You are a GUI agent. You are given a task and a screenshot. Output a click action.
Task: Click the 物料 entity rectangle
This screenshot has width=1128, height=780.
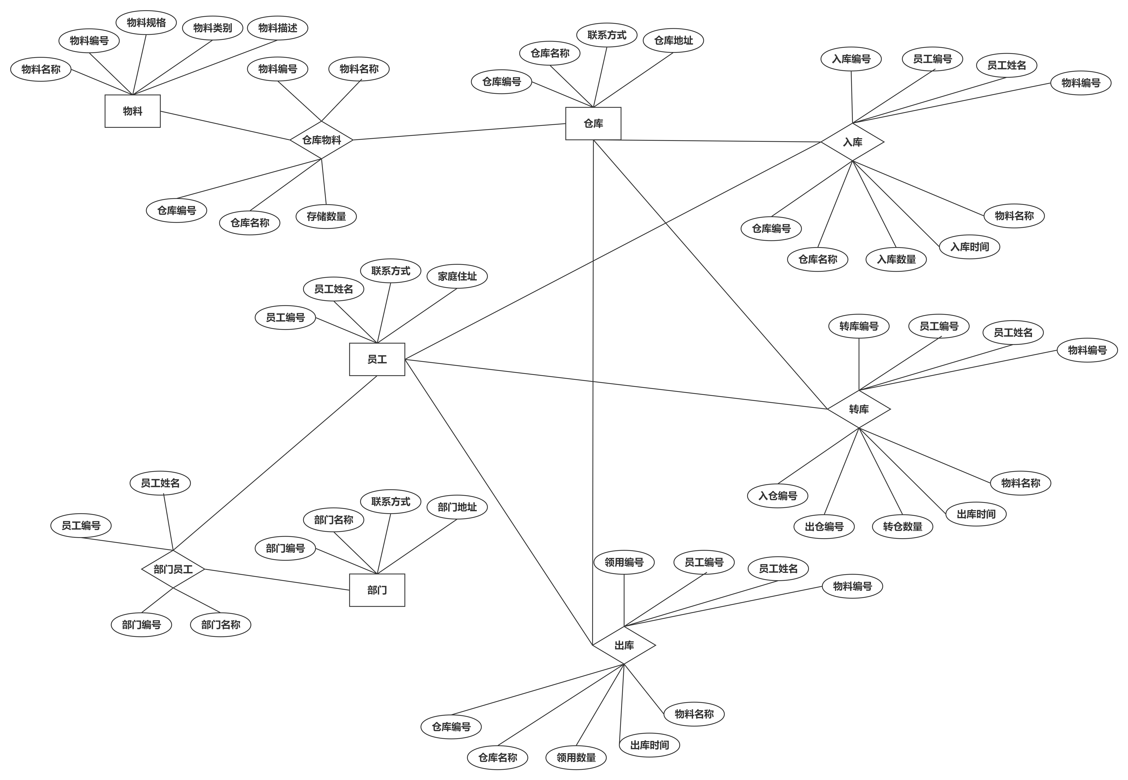[133, 111]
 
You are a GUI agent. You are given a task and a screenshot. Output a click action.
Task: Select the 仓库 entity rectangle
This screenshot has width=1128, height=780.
[593, 124]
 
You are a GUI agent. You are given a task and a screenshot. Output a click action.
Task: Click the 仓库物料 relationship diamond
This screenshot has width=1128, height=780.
[321, 140]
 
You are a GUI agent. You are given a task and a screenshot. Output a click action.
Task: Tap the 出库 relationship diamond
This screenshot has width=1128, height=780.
[624, 646]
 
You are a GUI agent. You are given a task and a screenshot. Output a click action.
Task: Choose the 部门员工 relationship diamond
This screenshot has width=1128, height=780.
[173, 569]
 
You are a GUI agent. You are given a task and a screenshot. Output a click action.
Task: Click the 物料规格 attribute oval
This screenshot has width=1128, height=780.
[146, 23]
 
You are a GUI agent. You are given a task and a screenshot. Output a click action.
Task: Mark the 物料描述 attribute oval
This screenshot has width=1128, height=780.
[278, 28]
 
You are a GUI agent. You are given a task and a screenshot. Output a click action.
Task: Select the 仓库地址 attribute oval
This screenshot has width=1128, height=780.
[674, 41]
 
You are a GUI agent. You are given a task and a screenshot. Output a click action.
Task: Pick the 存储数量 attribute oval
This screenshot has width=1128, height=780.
[326, 217]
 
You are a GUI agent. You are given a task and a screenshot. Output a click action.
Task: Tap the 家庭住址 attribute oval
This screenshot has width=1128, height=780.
[457, 277]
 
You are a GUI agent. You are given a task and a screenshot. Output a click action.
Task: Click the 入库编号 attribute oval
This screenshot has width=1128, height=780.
[852, 59]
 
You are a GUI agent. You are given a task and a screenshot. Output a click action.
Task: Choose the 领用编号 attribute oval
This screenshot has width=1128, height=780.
[624, 563]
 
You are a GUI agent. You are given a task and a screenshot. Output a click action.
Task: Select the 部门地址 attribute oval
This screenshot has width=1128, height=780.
[457, 507]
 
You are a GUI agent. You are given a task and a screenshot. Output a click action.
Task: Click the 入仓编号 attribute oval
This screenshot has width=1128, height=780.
[778, 496]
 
